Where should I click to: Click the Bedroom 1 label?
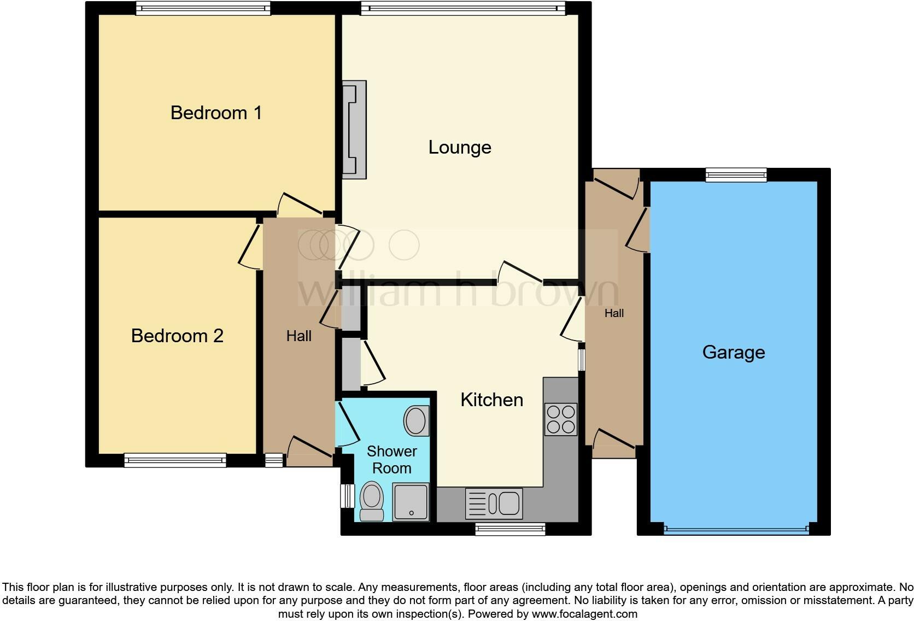216,113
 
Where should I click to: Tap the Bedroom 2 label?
177,336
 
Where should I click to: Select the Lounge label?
460,147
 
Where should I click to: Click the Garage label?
733,352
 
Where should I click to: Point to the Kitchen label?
491,400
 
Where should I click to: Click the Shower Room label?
391,460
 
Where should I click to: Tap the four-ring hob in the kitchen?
561,419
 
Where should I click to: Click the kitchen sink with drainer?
494,503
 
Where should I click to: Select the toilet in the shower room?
372,501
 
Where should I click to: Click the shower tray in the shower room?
411,502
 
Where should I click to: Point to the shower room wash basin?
416,420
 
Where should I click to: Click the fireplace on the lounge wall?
354,130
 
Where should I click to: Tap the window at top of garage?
736,175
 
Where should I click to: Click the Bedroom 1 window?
203,8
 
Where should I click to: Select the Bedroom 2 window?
175,460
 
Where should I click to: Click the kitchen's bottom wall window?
510,529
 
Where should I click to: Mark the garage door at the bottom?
736,529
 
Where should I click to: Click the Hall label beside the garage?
614,313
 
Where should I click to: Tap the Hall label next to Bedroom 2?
298,336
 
